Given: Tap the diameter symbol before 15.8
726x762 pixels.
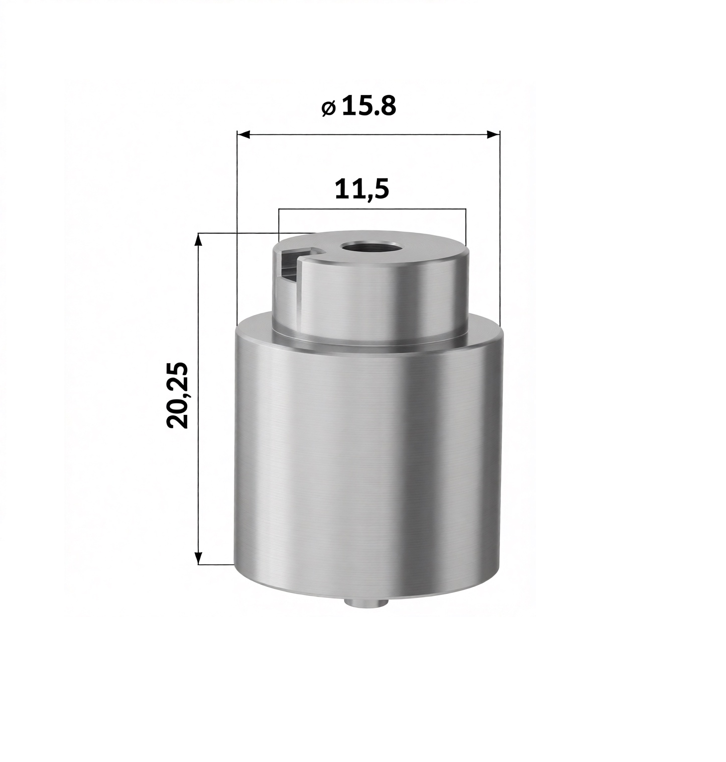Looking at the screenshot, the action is click(328, 107).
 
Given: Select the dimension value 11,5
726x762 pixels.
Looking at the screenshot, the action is click(362, 190).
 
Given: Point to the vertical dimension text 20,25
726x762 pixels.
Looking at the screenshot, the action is click(177, 395).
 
